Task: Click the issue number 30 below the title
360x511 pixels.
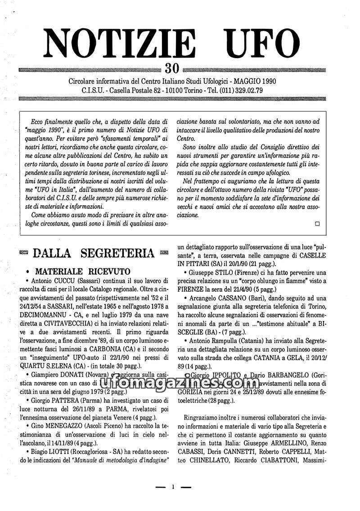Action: [x=172, y=68]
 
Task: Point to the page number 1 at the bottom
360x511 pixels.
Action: [x=173, y=487]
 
